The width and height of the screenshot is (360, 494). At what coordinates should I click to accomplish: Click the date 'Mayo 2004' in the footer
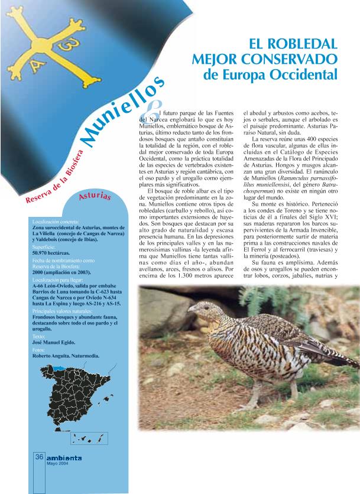(x=58, y=464)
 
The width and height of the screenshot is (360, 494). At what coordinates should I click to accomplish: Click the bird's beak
(x=190, y=311)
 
